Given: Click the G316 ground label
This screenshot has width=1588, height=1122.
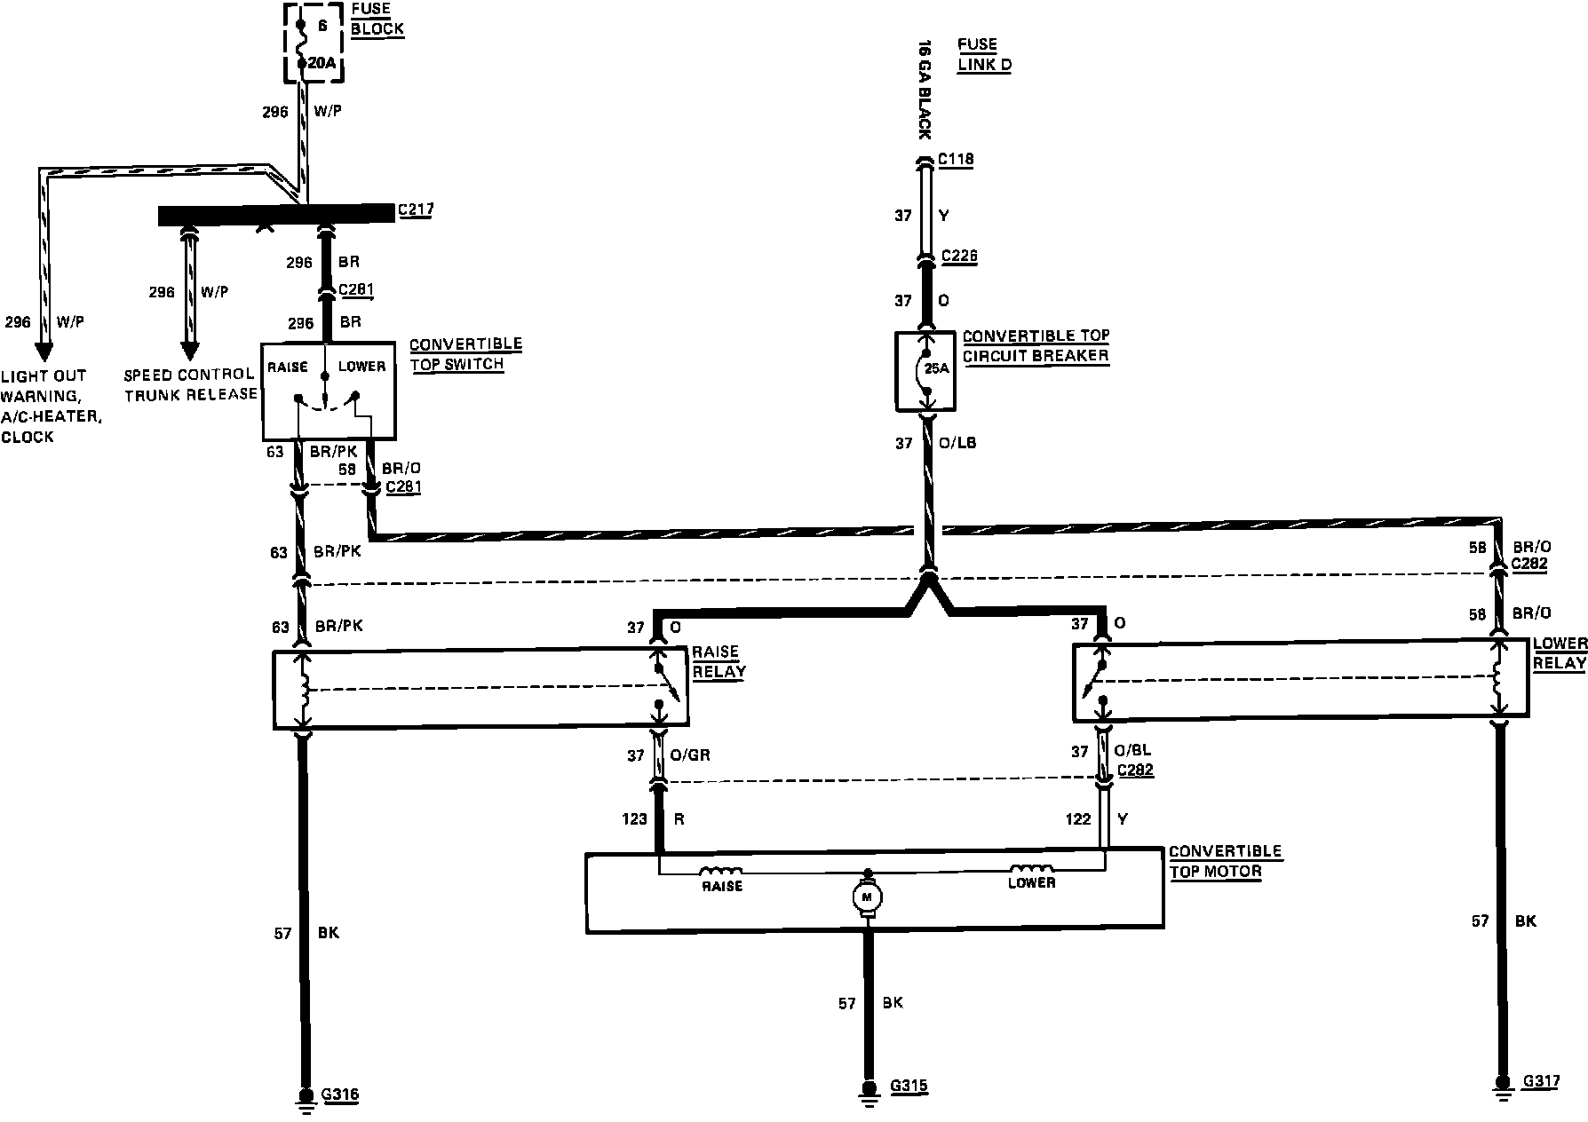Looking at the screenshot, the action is click(x=340, y=1095).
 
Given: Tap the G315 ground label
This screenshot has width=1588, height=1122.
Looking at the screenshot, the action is click(x=910, y=1086).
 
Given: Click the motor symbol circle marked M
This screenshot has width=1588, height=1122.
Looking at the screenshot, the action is click(x=866, y=897).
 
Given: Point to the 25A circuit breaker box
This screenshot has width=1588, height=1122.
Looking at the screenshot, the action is click(x=925, y=371).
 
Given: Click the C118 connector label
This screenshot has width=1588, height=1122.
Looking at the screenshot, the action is click(x=956, y=160).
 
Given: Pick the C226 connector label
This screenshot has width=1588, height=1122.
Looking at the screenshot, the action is click(x=959, y=257).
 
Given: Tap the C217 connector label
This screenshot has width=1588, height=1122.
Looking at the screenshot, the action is click(x=416, y=210).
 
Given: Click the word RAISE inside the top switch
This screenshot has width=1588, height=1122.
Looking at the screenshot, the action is click(x=287, y=367).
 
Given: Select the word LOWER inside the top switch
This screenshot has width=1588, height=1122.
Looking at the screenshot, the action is click(x=361, y=367).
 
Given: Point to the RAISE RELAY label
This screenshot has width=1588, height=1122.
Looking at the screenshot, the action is click(x=718, y=662).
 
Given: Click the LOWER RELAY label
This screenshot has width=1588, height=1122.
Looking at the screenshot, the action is click(x=1560, y=653).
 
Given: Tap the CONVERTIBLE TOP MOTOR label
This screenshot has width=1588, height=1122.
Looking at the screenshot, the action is click(x=1224, y=861).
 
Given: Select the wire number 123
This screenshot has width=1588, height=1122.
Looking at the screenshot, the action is click(x=635, y=819).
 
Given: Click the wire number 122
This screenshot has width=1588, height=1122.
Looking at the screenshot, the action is click(x=1078, y=819).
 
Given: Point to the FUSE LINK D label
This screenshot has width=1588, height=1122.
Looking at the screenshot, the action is click(x=983, y=54).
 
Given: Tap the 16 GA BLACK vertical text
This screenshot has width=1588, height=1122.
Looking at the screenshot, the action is click(x=924, y=89).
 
